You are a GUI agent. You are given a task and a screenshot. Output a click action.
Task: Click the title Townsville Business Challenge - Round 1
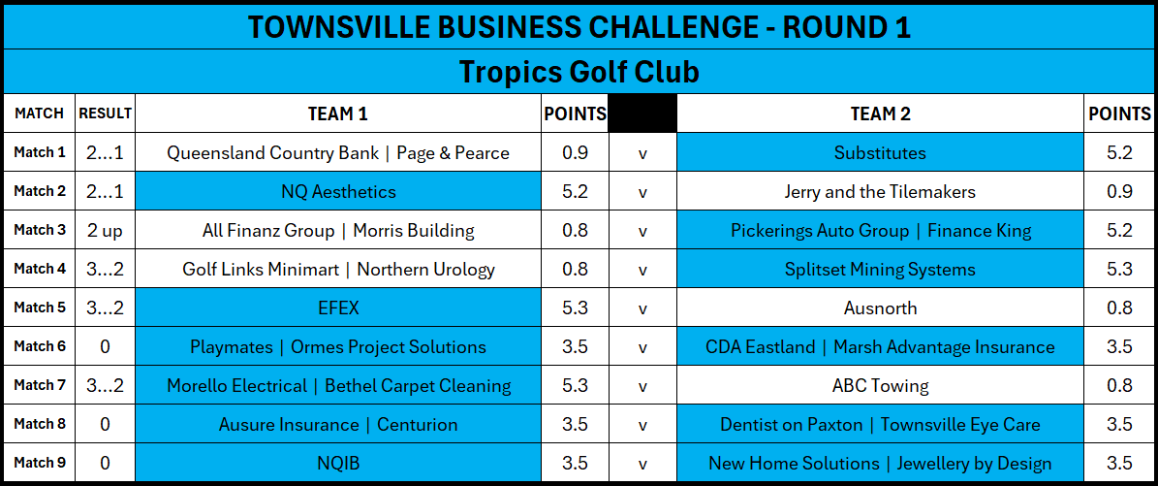(x=579, y=27)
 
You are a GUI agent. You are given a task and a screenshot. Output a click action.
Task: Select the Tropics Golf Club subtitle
(x=579, y=72)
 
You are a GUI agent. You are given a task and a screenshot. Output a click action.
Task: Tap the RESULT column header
(x=105, y=113)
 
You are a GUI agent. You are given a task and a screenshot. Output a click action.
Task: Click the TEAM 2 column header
(x=880, y=113)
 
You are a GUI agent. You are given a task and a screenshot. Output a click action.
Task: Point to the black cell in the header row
(x=642, y=113)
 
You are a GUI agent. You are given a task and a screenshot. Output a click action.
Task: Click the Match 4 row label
(x=39, y=269)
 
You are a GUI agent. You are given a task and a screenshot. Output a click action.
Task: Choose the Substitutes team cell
(x=880, y=152)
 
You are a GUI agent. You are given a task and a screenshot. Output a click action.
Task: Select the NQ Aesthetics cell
(x=338, y=192)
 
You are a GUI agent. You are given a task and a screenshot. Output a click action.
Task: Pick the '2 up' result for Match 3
(x=105, y=230)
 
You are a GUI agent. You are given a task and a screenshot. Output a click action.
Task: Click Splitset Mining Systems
(x=880, y=270)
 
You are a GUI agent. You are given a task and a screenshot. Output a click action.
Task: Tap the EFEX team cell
(x=338, y=308)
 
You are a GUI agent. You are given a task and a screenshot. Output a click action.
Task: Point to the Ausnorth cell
(x=880, y=308)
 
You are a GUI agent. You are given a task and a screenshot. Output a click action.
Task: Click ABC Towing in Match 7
(x=880, y=385)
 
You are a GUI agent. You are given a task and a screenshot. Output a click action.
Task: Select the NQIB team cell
(x=338, y=463)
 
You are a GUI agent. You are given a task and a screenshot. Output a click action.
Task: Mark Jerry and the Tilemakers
(x=880, y=192)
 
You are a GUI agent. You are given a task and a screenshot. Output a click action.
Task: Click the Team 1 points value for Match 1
(x=575, y=153)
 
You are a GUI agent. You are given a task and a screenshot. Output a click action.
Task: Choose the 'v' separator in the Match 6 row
(x=642, y=347)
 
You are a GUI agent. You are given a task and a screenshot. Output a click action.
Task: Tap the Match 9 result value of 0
(x=105, y=463)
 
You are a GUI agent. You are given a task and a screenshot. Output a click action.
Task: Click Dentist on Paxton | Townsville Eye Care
(x=880, y=425)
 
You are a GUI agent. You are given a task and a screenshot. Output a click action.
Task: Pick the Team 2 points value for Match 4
(x=1119, y=270)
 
